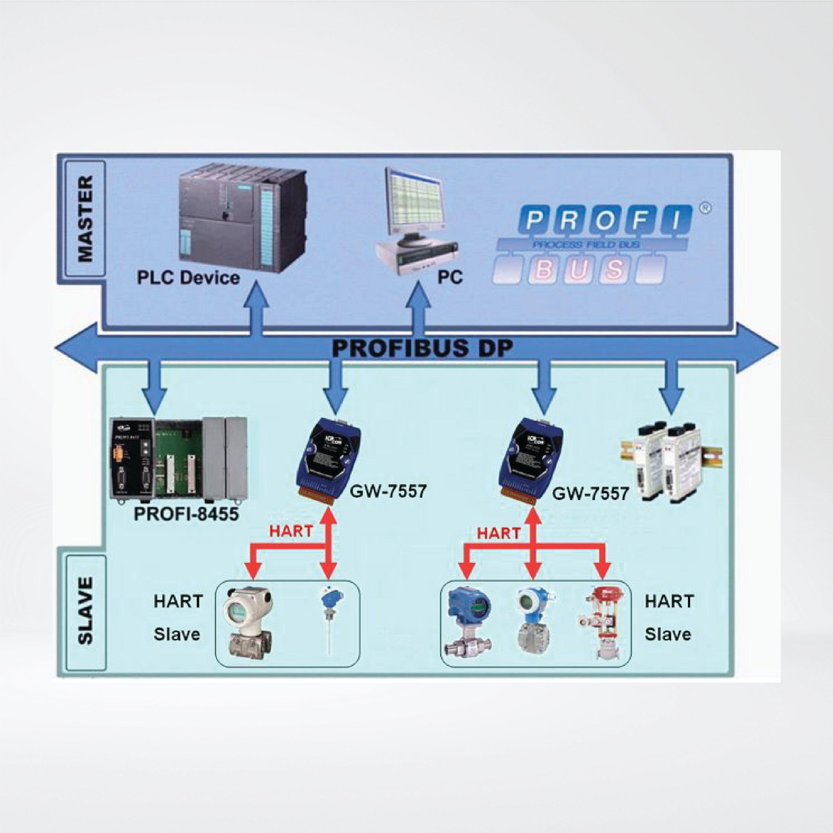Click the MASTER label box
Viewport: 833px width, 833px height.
(x=86, y=219)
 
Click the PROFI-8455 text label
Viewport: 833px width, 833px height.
(x=186, y=514)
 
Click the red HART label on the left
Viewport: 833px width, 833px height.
(x=291, y=531)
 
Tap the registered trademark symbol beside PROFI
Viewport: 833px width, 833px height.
(x=705, y=208)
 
